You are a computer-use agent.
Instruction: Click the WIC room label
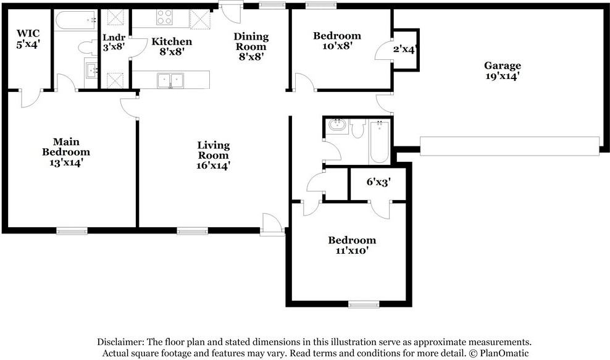pyautogui.click(x=28, y=33)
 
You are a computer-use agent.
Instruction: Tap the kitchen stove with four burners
pyautogui.click(x=165, y=17)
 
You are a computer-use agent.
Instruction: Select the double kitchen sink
pyautogui.click(x=170, y=81)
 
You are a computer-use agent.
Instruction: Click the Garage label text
pyautogui.click(x=503, y=65)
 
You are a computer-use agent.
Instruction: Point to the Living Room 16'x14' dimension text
pyautogui.click(x=214, y=165)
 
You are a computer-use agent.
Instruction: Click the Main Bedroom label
pyautogui.click(x=66, y=147)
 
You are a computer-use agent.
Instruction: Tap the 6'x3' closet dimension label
pyautogui.click(x=378, y=182)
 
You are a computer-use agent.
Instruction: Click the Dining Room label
pyautogui.click(x=251, y=41)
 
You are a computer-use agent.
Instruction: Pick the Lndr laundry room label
pyautogui.click(x=114, y=38)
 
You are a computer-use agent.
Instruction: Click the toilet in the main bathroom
pyautogui.click(x=88, y=48)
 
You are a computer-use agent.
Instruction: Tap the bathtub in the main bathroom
pyautogui.click(x=75, y=20)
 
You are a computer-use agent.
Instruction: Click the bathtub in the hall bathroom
pyautogui.click(x=379, y=142)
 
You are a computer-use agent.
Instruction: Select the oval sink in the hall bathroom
pyautogui.click(x=336, y=126)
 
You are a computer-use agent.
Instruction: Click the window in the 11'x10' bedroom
pyautogui.click(x=364, y=304)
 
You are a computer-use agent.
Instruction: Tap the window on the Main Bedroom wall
pyautogui.click(x=72, y=231)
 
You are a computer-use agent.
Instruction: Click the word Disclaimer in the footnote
pyautogui.click(x=120, y=342)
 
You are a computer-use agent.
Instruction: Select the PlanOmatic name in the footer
pyautogui.click(x=504, y=353)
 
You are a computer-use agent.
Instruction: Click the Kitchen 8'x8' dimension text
pyautogui.click(x=172, y=51)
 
